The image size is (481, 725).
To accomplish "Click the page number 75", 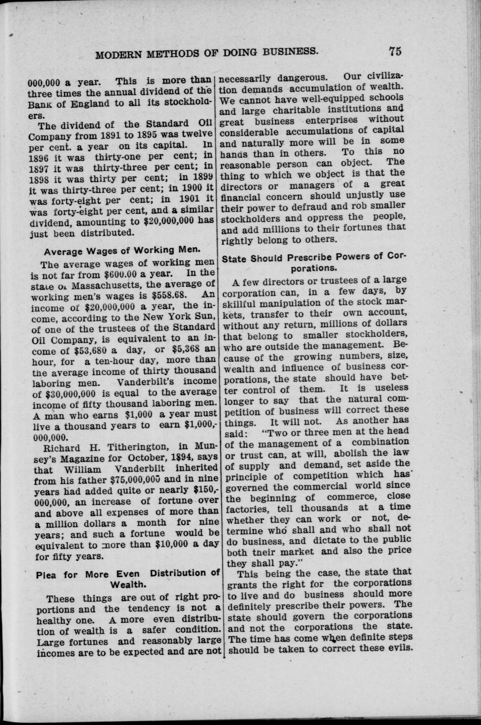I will point(395,51).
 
